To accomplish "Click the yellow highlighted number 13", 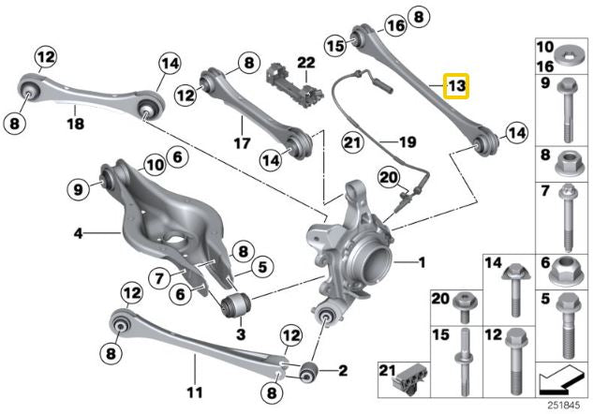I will coord(456,87).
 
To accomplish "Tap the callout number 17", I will coord(242,144).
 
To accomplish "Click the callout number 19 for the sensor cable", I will coord(407,142).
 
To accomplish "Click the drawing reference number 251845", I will coord(564,404).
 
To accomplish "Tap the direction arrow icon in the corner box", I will coord(562,380).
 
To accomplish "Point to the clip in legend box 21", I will coord(409,380).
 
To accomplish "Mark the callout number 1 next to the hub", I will coord(421,263).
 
